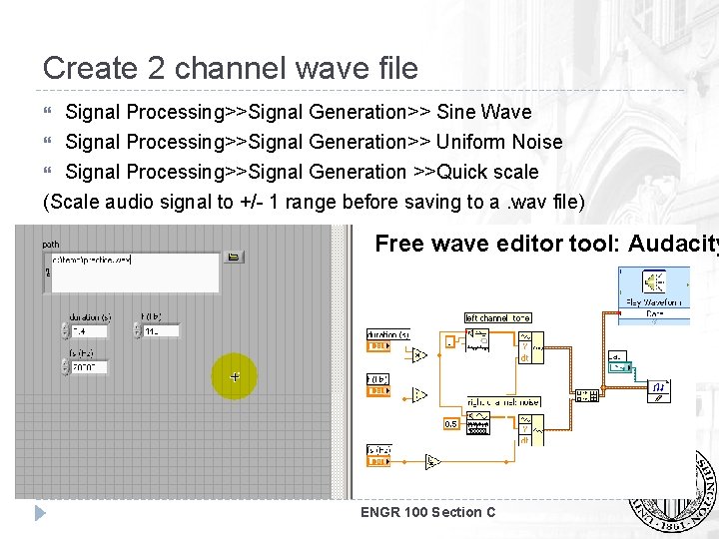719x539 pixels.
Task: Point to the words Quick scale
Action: point(489,172)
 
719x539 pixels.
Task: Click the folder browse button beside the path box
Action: point(233,258)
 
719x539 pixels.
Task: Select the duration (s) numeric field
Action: point(91,330)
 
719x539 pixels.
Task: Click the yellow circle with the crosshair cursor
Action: point(235,376)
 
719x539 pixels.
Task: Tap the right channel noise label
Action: point(504,401)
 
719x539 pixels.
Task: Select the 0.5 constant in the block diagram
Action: point(450,424)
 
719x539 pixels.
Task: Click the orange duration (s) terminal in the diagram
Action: point(379,346)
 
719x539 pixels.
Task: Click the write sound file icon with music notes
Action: point(660,387)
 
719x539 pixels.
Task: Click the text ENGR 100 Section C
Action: point(426,513)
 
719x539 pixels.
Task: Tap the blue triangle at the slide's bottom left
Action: point(40,513)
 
